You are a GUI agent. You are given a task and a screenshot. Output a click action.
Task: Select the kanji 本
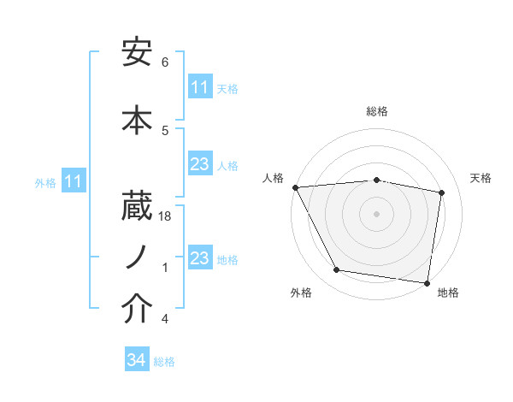click(x=138, y=119)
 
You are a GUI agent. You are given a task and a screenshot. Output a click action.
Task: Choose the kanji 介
click(x=138, y=310)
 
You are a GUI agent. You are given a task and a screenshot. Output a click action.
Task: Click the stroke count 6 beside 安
click(x=165, y=62)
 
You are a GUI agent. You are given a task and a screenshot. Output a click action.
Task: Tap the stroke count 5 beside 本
click(x=165, y=130)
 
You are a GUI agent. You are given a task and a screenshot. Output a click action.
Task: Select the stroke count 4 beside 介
click(x=165, y=319)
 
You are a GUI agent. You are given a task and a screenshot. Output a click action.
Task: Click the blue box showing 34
click(x=137, y=361)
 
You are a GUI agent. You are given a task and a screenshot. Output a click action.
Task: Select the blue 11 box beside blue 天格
click(x=200, y=87)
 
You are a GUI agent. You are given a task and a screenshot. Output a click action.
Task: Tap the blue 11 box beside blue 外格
click(x=74, y=181)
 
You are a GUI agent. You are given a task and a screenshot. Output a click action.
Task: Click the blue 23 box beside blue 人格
click(x=200, y=164)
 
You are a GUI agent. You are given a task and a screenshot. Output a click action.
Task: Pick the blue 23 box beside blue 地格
click(x=200, y=258)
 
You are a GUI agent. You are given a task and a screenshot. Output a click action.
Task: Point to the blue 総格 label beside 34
click(x=164, y=362)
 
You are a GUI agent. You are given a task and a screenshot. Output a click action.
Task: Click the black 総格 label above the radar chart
click(x=377, y=111)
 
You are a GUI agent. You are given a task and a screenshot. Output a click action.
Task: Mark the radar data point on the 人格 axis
click(x=295, y=187)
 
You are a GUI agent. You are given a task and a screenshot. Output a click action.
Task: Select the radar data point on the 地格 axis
click(x=427, y=282)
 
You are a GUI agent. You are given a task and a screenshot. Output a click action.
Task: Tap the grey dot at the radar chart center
click(x=377, y=213)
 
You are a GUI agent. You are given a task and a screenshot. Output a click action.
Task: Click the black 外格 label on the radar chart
click(x=301, y=293)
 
